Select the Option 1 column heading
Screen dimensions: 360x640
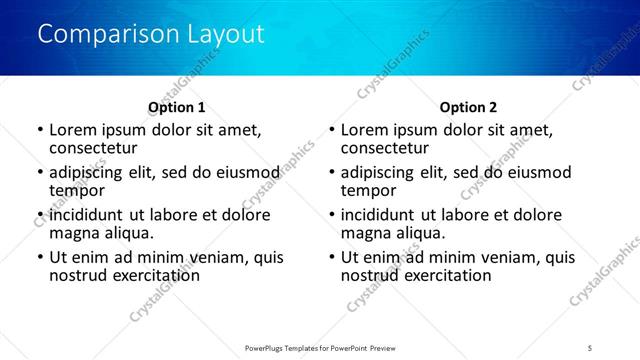176,107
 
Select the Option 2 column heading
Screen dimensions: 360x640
468,107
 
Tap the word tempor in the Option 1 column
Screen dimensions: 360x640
78,190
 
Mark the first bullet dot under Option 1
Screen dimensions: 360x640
39,131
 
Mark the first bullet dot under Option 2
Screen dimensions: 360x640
331,131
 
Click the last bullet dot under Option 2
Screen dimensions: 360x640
331,258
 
